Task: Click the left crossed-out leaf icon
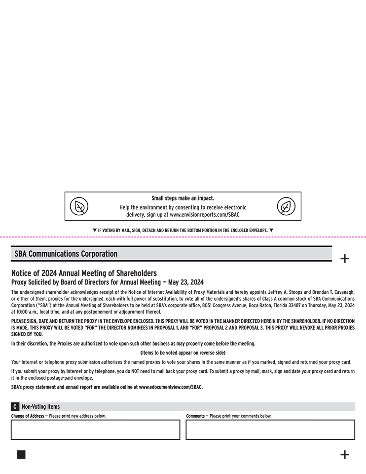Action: tap(79, 206)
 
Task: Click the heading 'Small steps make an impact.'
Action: tap(183, 198)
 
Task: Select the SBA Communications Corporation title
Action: tap(66, 254)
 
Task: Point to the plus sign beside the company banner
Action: tap(345, 258)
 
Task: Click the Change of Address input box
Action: tap(95, 430)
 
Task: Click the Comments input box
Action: tap(270, 430)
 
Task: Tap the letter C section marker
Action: tap(15, 407)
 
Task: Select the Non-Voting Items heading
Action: tap(40, 407)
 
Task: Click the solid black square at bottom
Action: tap(21, 455)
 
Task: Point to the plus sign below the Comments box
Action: tap(345, 455)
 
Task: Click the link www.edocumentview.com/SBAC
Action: tap(171, 387)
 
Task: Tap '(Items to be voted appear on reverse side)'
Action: tap(183, 353)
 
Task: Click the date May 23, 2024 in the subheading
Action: tap(186, 282)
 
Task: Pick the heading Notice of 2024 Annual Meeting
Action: tap(84, 273)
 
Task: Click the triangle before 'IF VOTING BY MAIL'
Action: tap(95, 230)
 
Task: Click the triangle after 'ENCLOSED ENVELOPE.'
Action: tap(271, 230)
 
